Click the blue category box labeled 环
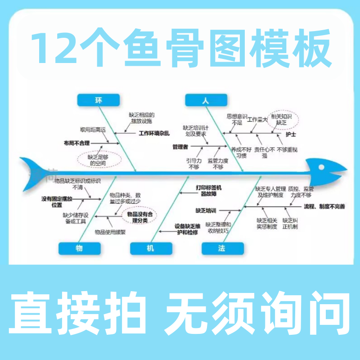click(x=98, y=100)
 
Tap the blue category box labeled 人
click(x=206, y=101)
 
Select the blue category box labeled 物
click(x=80, y=248)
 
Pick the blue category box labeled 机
click(x=151, y=248)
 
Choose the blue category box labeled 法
click(x=223, y=248)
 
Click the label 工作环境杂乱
click(x=154, y=133)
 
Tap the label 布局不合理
click(x=76, y=143)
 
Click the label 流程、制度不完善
click(x=324, y=207)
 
